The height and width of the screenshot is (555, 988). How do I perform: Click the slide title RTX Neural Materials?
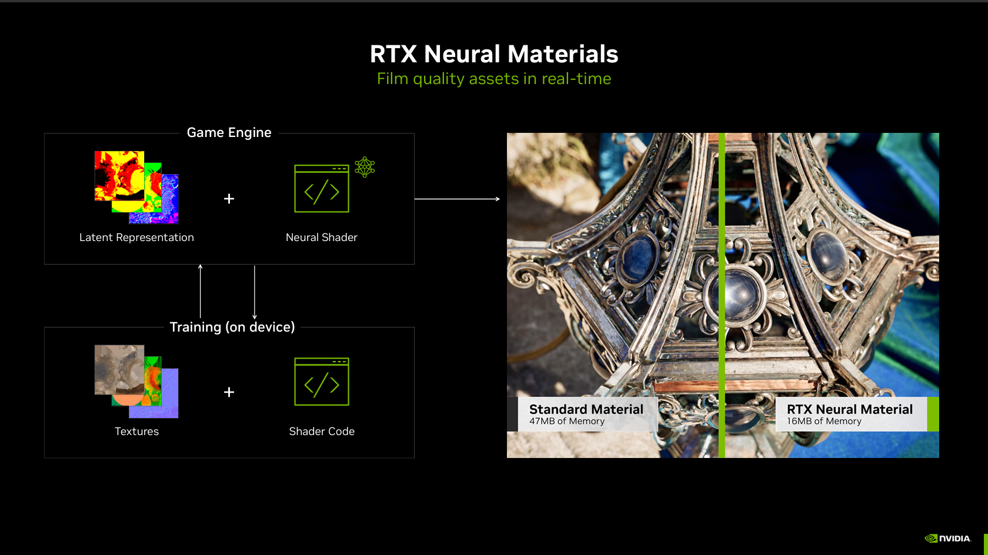494,54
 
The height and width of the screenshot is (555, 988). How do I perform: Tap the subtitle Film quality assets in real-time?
494,79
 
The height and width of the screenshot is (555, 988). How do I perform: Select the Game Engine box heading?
229,133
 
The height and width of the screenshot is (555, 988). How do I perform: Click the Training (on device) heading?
232,327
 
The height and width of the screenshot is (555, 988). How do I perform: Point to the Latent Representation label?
136,238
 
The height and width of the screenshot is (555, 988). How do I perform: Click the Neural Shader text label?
321,238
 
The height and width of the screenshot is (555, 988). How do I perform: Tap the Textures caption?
136,432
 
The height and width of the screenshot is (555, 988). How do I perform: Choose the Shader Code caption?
322,432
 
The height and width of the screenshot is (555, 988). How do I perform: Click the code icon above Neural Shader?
322,189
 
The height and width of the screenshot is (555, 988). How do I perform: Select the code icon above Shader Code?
322,382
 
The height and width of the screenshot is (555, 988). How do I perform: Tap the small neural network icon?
365,167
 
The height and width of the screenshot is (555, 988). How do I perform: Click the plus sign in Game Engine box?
229,199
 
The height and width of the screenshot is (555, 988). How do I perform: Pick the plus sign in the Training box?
229,392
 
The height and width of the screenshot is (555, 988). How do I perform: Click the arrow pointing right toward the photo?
457,199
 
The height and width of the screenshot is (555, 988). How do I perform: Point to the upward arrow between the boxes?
201,291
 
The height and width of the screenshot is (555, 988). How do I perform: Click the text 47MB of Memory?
566,422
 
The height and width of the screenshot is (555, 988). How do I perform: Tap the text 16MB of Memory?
824,422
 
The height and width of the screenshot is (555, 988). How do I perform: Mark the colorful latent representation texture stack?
136,187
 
